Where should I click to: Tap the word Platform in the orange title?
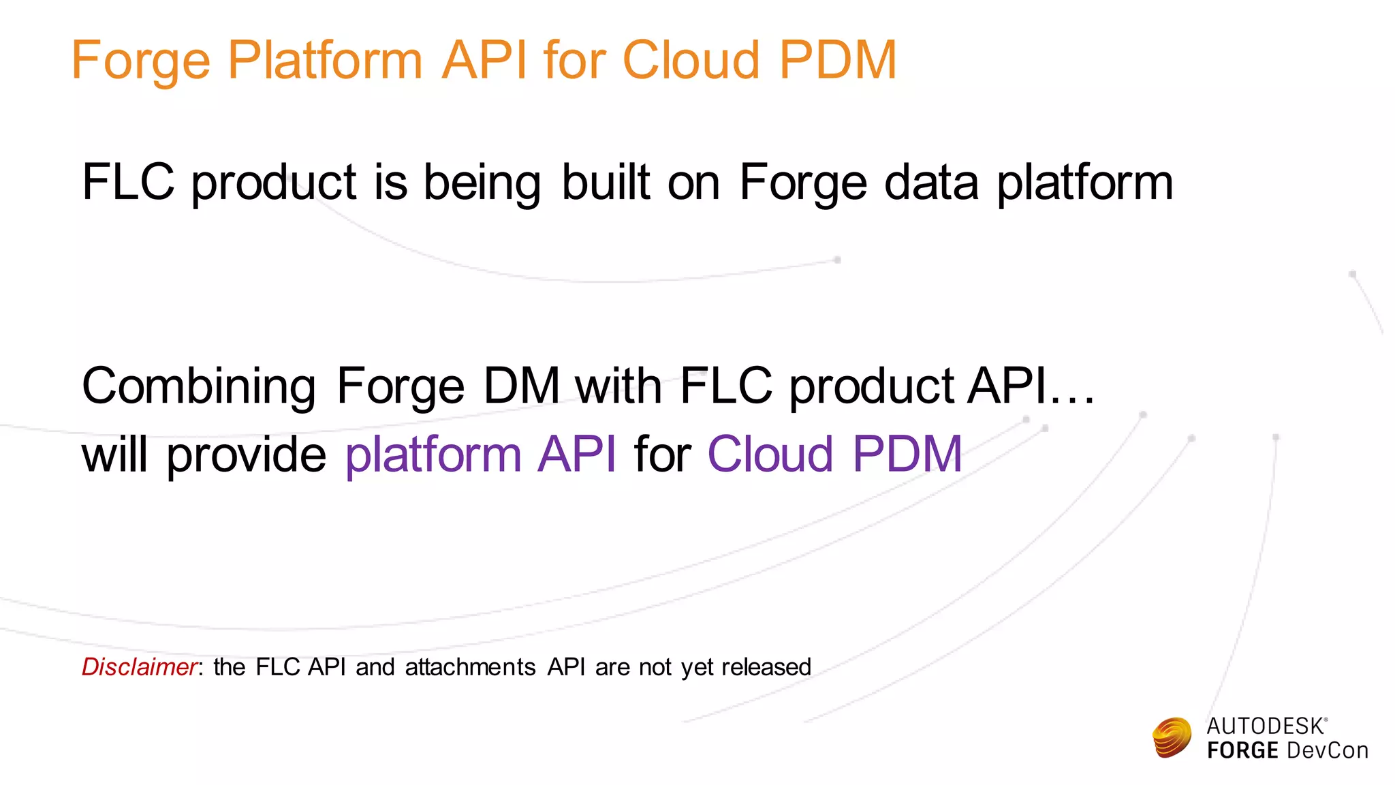324,61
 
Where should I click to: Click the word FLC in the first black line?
128,182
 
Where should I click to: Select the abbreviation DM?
521,386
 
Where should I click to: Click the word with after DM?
618,386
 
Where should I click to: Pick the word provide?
247,455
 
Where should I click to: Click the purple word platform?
433,455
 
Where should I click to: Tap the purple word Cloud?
770,454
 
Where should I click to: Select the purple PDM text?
907,454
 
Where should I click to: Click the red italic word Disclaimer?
139,666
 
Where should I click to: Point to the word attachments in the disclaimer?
470,666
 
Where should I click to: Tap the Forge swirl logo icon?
1172,737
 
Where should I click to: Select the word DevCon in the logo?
1327,751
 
